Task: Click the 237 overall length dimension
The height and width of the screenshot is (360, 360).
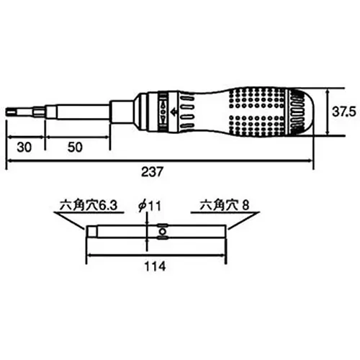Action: coord(152,172)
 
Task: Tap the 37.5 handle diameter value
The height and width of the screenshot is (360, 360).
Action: coord(343,112)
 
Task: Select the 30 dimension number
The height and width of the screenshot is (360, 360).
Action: coord(24,147)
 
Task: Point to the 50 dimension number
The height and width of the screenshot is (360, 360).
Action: coord(75,147)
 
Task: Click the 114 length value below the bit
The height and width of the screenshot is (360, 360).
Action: coord(155,266)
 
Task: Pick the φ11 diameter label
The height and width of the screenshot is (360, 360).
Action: coord(150,206)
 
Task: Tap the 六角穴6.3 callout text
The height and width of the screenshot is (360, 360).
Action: coord(89,205)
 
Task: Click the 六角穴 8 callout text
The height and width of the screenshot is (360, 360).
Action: coord(225,205)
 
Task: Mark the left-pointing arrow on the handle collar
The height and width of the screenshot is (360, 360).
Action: coord(174,112)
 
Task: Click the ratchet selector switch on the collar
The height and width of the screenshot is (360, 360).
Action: coord(163,112)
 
